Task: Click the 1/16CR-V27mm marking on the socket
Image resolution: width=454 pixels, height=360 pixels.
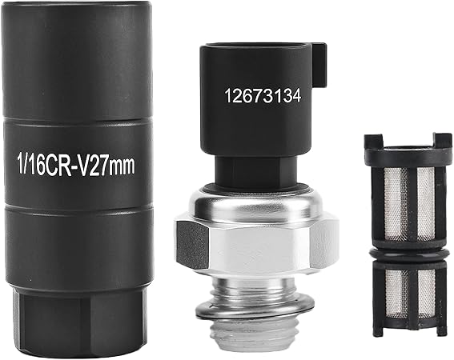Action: pyautogui.click(x=77, y=166)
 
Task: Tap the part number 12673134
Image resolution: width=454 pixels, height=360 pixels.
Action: pyautogui.click(x=263, y=96)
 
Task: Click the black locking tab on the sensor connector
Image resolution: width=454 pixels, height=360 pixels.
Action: pyautogui.click(x=319, y=65)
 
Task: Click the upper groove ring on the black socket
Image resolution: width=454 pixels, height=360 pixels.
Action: pyautogui.click(x=77, y=121)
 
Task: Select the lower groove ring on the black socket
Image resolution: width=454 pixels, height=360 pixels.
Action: pyautogui.click(x=78, y=206)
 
